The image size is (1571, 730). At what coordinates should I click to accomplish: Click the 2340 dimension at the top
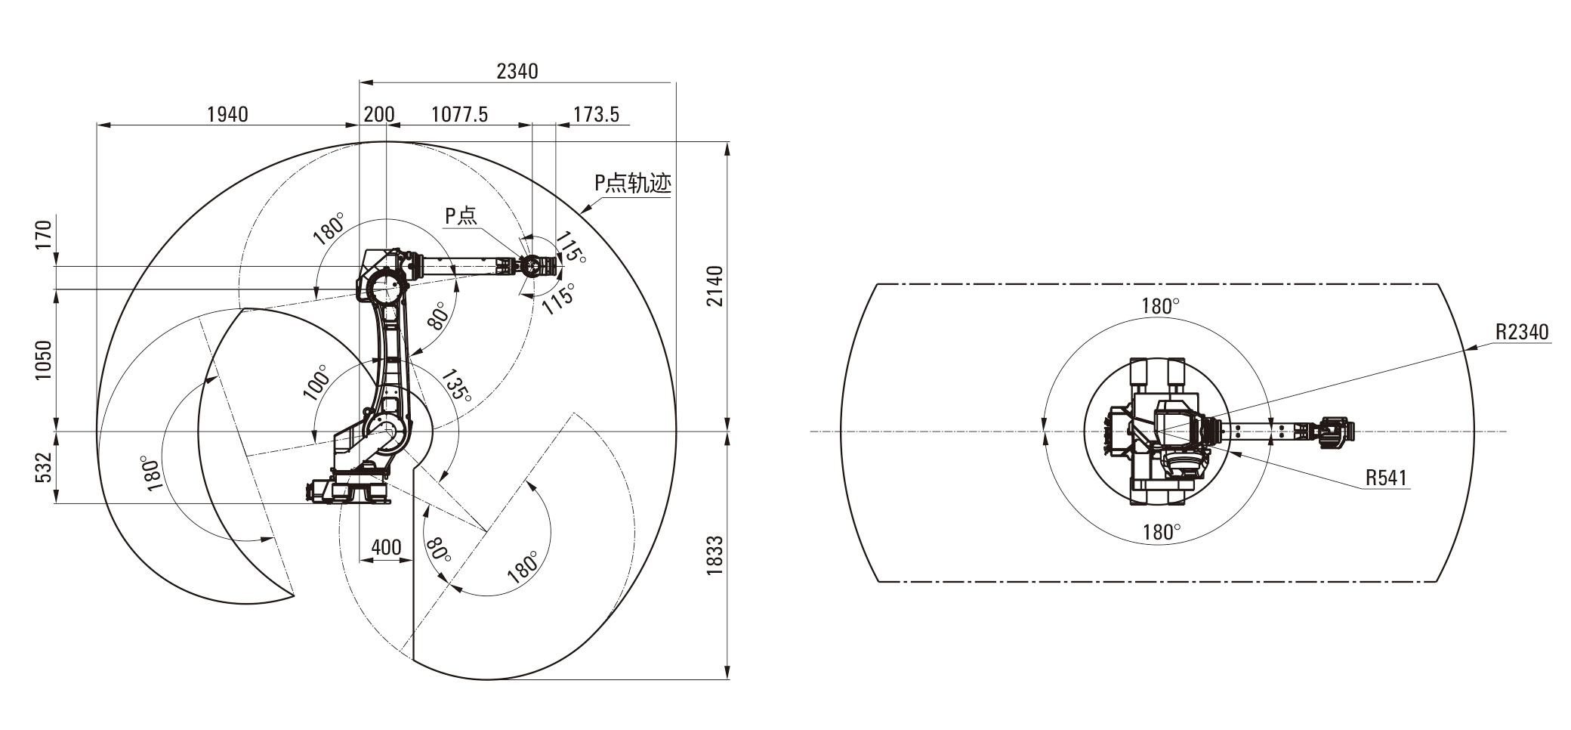(517, 71)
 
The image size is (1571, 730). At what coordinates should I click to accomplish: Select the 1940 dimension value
(227, 114)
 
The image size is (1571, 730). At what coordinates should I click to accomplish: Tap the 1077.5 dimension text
(459, 114)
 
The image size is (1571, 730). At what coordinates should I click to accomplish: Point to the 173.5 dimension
(596, 114)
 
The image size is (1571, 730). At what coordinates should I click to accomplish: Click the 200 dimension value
(379, 114)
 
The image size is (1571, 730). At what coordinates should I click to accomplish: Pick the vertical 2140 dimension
(715, 286)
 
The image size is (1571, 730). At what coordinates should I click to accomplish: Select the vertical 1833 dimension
(715, 556)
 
